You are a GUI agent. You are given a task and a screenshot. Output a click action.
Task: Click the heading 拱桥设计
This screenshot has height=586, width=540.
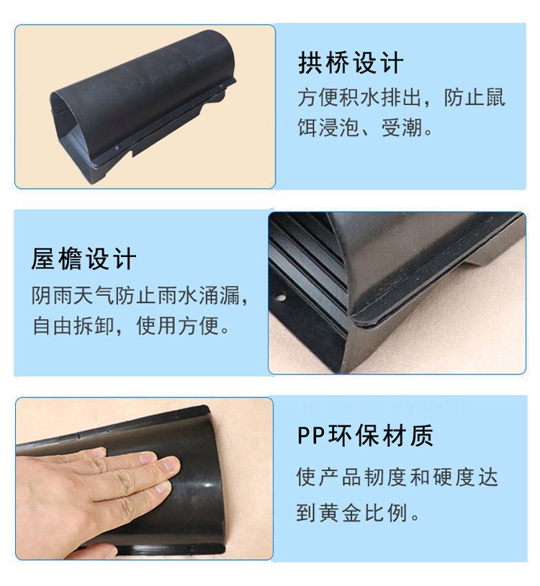(351, 63)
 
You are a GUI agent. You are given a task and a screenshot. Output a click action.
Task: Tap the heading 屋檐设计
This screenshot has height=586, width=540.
(84, 258)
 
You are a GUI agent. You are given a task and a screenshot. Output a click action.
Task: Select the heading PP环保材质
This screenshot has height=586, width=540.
(365, 436)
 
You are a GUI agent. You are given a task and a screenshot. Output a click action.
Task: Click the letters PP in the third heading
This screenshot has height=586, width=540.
(311, 436)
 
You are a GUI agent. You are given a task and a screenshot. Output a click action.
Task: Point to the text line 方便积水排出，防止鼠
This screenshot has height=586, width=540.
(401, 97)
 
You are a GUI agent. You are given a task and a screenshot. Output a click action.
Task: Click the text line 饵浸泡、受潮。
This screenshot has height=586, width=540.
(365, 128)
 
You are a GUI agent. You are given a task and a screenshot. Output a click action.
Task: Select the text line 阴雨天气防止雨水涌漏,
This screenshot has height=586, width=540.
(140, 296)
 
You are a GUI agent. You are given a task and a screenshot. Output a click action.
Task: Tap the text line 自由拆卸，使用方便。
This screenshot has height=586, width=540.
(131, 325)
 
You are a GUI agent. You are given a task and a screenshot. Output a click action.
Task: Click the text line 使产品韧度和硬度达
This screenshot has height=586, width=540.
(397, 477)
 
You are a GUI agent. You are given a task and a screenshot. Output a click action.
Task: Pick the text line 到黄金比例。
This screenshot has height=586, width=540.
(358, 513)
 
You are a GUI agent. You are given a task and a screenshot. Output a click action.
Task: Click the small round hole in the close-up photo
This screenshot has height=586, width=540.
(281, 297)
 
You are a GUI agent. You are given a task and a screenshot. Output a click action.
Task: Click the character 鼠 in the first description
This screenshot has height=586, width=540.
(494, 97)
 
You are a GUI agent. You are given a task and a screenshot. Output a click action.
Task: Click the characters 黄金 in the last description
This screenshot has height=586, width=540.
(340, 513)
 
